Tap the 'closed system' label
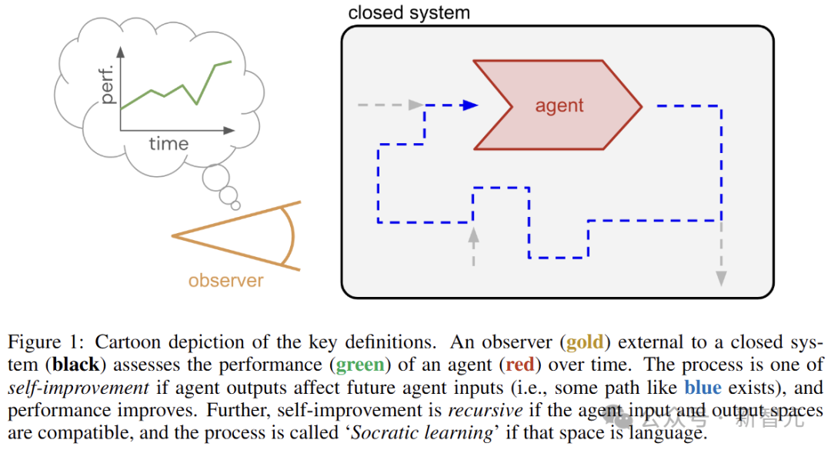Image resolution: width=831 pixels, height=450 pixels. (x=409, y=12)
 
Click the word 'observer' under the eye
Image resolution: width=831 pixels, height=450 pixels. (x=225, y=280)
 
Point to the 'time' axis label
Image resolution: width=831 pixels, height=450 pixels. (x=168, y=144)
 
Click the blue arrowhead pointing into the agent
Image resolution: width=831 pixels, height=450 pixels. (x=471, y=105)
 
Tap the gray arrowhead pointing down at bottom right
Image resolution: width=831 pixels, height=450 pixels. (x=721, y=278)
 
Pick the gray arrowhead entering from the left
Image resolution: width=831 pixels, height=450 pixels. (x=416, y=105)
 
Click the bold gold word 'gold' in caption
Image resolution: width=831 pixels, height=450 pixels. (x=589, y=342)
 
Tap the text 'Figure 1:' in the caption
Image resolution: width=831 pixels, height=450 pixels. (x=38, y=342)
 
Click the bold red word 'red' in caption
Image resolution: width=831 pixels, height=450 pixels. (x=521, y=365)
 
